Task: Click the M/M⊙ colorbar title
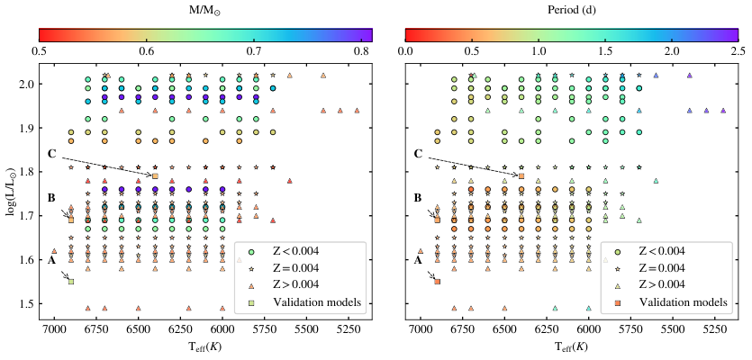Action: coord(205,10)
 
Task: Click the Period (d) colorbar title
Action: coord(571,9)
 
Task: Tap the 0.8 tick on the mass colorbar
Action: coord(362,51)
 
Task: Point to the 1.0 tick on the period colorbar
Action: coord(539,51)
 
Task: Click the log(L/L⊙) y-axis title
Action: coord(10,190)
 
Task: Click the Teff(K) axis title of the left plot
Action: coord(205,346)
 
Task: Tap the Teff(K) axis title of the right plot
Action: coord(571,346)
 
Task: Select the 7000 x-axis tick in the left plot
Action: coord(54,331)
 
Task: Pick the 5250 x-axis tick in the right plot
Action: coord(706,331)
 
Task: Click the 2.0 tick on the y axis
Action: coord(28,84)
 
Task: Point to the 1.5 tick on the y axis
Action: coord(28,304)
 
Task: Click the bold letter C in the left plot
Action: coord(52,154)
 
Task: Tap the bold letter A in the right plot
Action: coord(417,260)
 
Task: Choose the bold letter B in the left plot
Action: coord(51,198)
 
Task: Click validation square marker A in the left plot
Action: coord(71,282)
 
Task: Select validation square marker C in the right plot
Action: coord(521,175)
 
